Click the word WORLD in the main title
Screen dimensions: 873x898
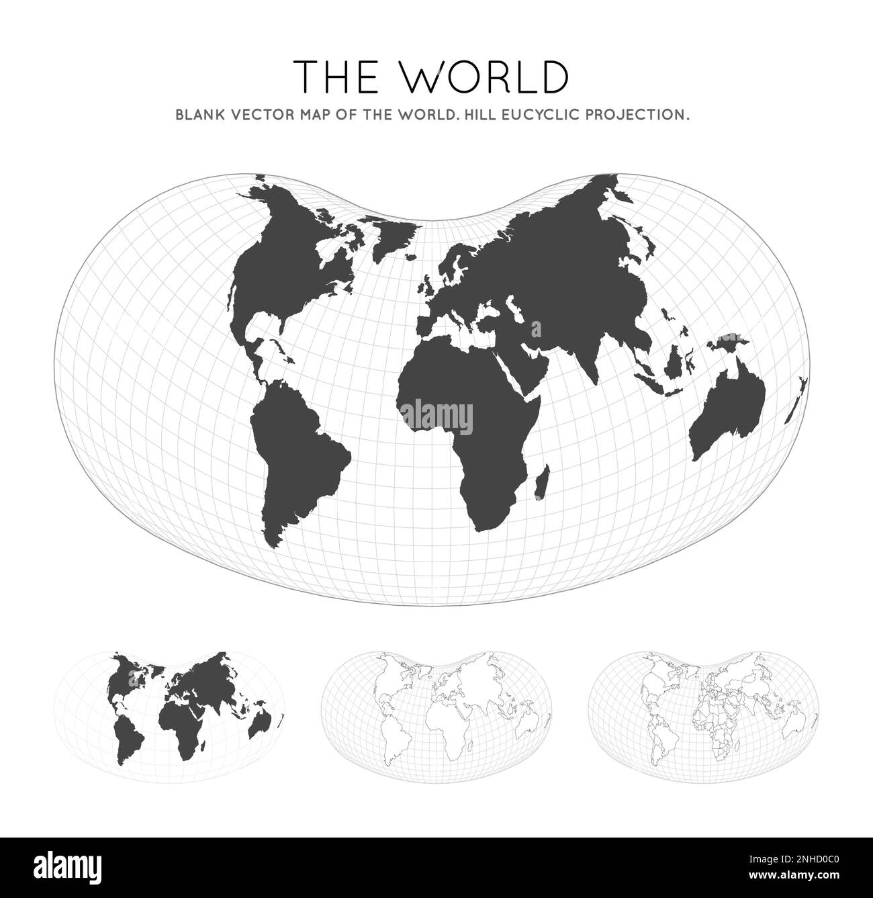coord(486,77)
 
